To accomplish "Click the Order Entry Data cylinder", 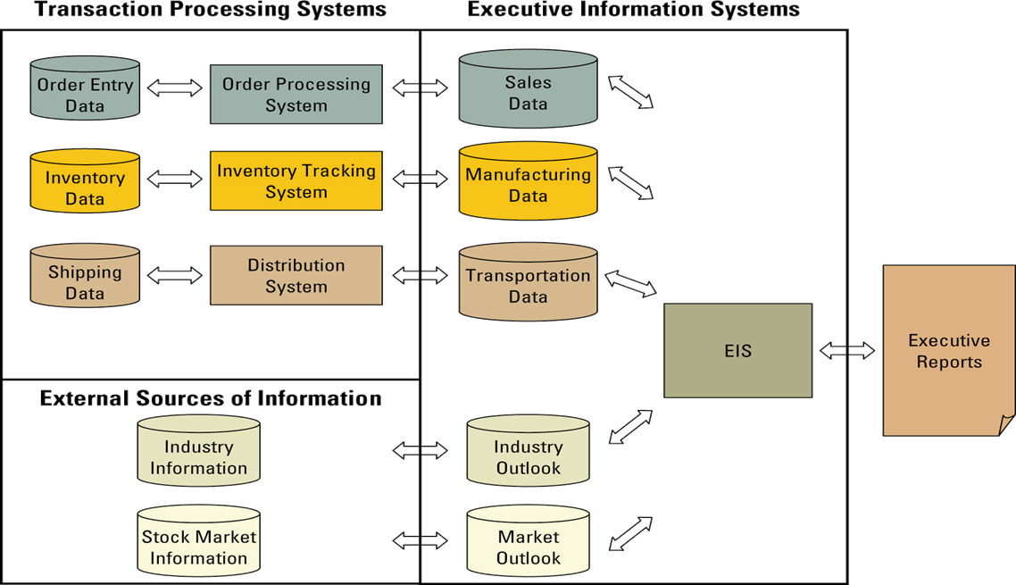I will [85, 88].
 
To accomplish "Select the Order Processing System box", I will [296, 95].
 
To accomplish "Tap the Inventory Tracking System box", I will [296, 181].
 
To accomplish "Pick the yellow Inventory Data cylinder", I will [85, 182].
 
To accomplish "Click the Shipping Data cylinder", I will [85, 277].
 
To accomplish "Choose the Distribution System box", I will [296, 276].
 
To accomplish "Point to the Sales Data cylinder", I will [528, 89].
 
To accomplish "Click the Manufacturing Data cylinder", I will [528, 181].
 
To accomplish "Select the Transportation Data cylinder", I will [528, 281].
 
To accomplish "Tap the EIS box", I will [737, 351].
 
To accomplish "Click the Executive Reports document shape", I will [949, 351].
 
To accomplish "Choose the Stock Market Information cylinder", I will [198, 543].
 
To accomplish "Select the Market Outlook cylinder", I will [528, 543].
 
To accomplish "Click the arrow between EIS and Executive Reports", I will [847, 351].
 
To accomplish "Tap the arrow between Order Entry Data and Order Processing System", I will [175, 88].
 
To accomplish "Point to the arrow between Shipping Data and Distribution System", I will [175, 275].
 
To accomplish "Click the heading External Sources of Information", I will [211, 398].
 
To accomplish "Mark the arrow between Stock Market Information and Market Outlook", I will [421, 539].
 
